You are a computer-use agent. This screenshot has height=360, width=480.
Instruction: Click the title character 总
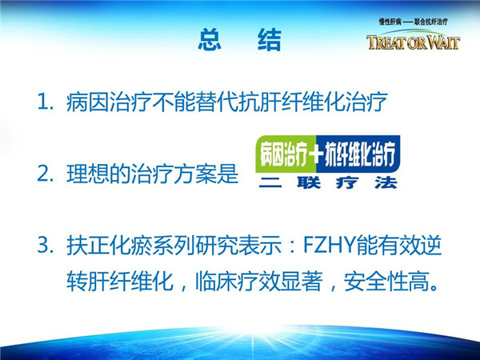[x=210, y=39]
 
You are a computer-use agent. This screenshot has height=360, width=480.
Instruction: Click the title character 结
[x=270, y=39]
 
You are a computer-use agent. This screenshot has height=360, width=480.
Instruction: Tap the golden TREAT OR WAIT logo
[x=414, y=42]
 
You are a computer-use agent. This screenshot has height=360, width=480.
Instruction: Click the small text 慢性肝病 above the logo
[x=390, y=22]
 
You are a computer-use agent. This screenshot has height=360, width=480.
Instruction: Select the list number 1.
[x=43, y=102]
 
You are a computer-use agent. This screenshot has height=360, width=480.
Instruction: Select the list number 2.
[x=44, y=174]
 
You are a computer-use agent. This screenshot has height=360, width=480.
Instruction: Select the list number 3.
[x=44, y=246]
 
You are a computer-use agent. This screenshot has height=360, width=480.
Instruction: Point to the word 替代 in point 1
[x=217, y=102]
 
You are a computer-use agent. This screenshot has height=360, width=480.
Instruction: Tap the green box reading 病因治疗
[x=286, y=154]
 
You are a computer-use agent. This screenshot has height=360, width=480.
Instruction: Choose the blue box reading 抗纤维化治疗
[x=358, y=154]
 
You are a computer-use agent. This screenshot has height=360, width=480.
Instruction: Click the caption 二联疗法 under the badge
[x=328, y=182]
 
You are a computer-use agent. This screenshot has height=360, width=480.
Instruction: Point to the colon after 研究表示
[x=292, y=246]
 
